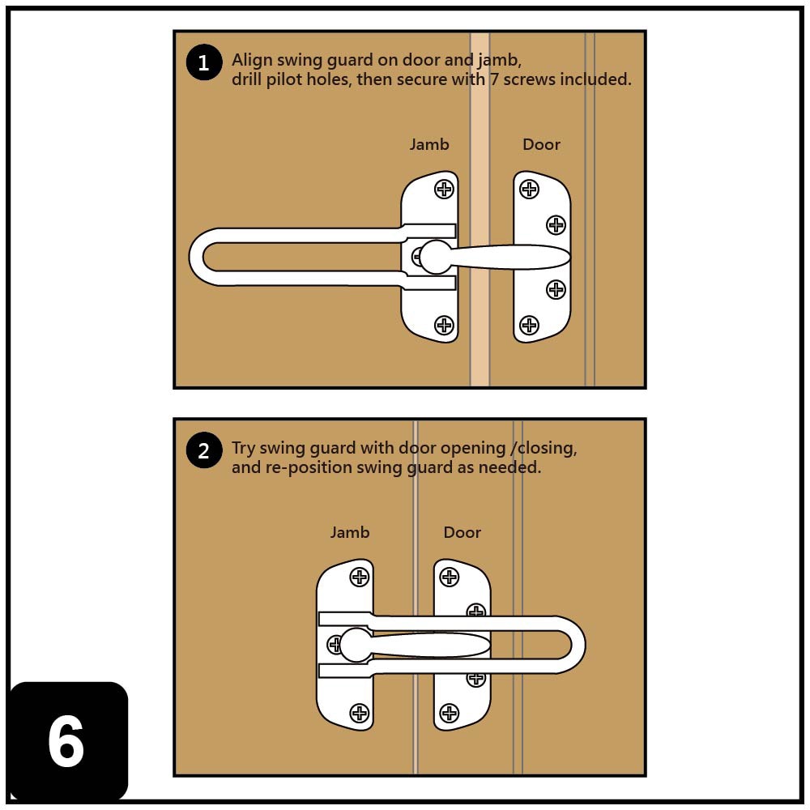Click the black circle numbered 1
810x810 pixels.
(203, 63)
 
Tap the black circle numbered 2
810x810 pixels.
(203, 451)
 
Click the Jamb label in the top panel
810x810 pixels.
(429, 144)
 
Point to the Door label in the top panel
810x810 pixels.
(541, 144)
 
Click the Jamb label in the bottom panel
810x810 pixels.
(350, 532)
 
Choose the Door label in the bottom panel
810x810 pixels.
(463, 532)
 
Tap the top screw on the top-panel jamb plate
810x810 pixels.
(444, 189)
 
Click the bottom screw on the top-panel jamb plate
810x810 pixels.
(444, 325)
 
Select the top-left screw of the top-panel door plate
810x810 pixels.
(529, 189)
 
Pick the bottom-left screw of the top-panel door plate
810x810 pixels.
(529, 325)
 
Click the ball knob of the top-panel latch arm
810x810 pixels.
(437, 257)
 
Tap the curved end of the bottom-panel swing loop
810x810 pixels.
(577, 646)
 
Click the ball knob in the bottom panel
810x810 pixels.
(356, 645)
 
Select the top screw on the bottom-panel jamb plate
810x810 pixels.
(360, 577)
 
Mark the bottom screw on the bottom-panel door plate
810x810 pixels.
(449, 713)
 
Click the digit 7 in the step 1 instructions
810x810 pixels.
(494, 79)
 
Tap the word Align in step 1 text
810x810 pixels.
(251, 60)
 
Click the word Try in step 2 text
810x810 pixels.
(244, 449)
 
